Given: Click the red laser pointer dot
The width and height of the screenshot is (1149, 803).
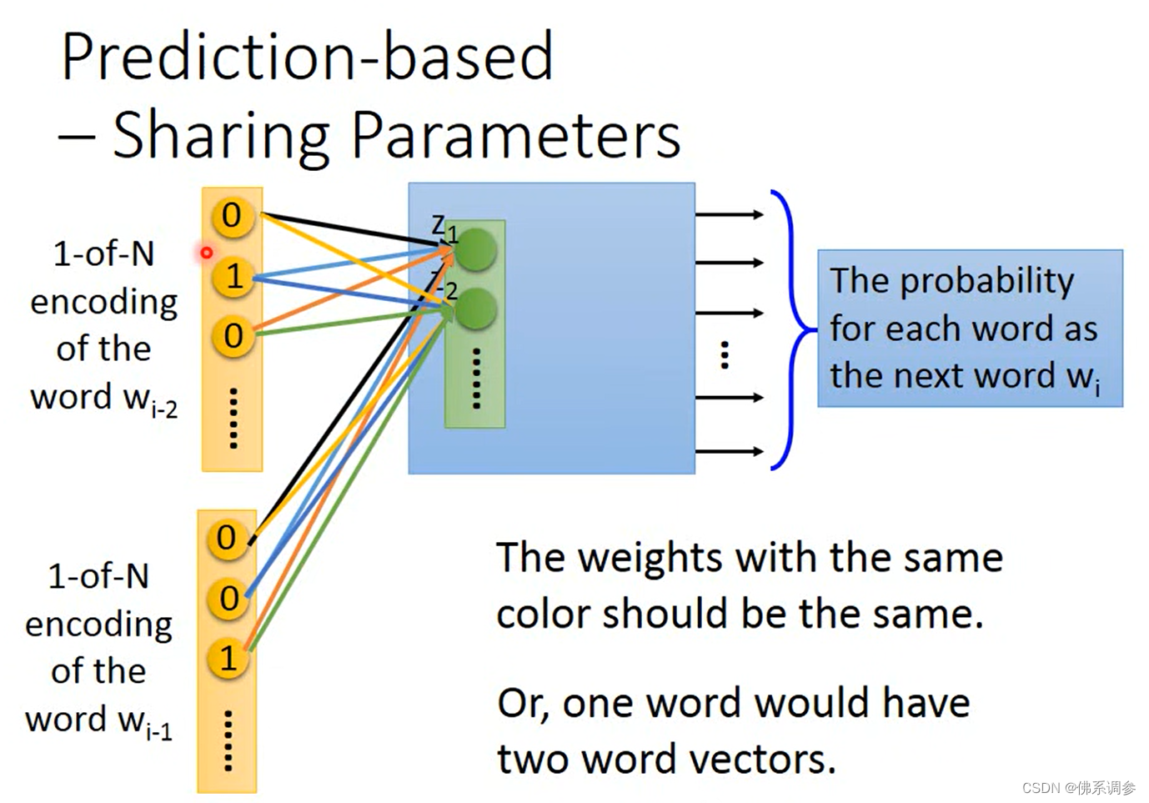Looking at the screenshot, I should pyautogui.click(x=207, y=252).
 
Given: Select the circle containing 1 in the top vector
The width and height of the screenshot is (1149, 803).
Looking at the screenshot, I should pyautogui.click(x=233, y=276).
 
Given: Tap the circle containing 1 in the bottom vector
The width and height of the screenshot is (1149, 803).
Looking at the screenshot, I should pyautogui.click(x=228, y=659).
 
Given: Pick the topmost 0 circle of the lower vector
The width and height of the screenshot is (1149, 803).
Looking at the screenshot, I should pyautogui.click(x=227, y=538).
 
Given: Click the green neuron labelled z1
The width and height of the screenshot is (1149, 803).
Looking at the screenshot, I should pyautogui.click(x=476, y=249).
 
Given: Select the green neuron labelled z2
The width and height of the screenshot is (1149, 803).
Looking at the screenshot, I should pyautogui.click(x=476, y=309).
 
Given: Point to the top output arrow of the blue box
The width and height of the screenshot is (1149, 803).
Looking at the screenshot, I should pyautogui.click(x=729, y=215).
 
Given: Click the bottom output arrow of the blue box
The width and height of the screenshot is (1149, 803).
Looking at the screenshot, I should pyautogui.click(x=729, y=452).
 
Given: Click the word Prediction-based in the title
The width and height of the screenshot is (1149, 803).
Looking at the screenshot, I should pyautogui.click(x=307, y=57).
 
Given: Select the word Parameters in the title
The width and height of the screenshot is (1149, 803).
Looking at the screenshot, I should pyautogui.click(x=515, y=135).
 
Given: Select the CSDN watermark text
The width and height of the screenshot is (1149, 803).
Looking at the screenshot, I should pyautogui.click(x=1078, y=788).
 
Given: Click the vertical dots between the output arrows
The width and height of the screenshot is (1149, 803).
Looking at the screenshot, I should pyautogui.click(x=725, y=355).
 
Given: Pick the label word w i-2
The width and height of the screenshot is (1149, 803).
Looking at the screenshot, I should pyautogui.click(x=103, y=399).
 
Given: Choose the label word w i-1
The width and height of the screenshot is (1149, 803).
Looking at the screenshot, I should pyautogui.click(x=98, y=721).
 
